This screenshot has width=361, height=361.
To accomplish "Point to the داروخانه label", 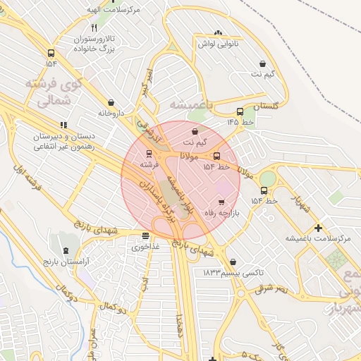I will click(x=111, y=113).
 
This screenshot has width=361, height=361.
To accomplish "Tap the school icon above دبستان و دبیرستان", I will click(x=63, y=125).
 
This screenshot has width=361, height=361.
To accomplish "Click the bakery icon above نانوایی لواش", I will click(x=218, y=32).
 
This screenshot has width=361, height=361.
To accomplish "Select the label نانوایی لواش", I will click(x=218, y=44).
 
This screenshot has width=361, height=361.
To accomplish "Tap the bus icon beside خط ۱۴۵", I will click(x=240, y=111).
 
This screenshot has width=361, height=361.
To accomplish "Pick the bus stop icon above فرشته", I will click(x=148, y=153).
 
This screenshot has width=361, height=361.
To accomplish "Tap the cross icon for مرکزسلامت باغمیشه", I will click(x=319, y=228).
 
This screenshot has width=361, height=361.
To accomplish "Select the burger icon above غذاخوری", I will click(x=145, y=236).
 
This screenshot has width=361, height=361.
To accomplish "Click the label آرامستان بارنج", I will click(x=66, y=262).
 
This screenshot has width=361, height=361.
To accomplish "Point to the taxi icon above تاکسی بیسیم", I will click(x=233, y=262).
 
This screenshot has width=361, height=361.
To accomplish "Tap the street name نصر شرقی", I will click(x=271, y=287).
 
